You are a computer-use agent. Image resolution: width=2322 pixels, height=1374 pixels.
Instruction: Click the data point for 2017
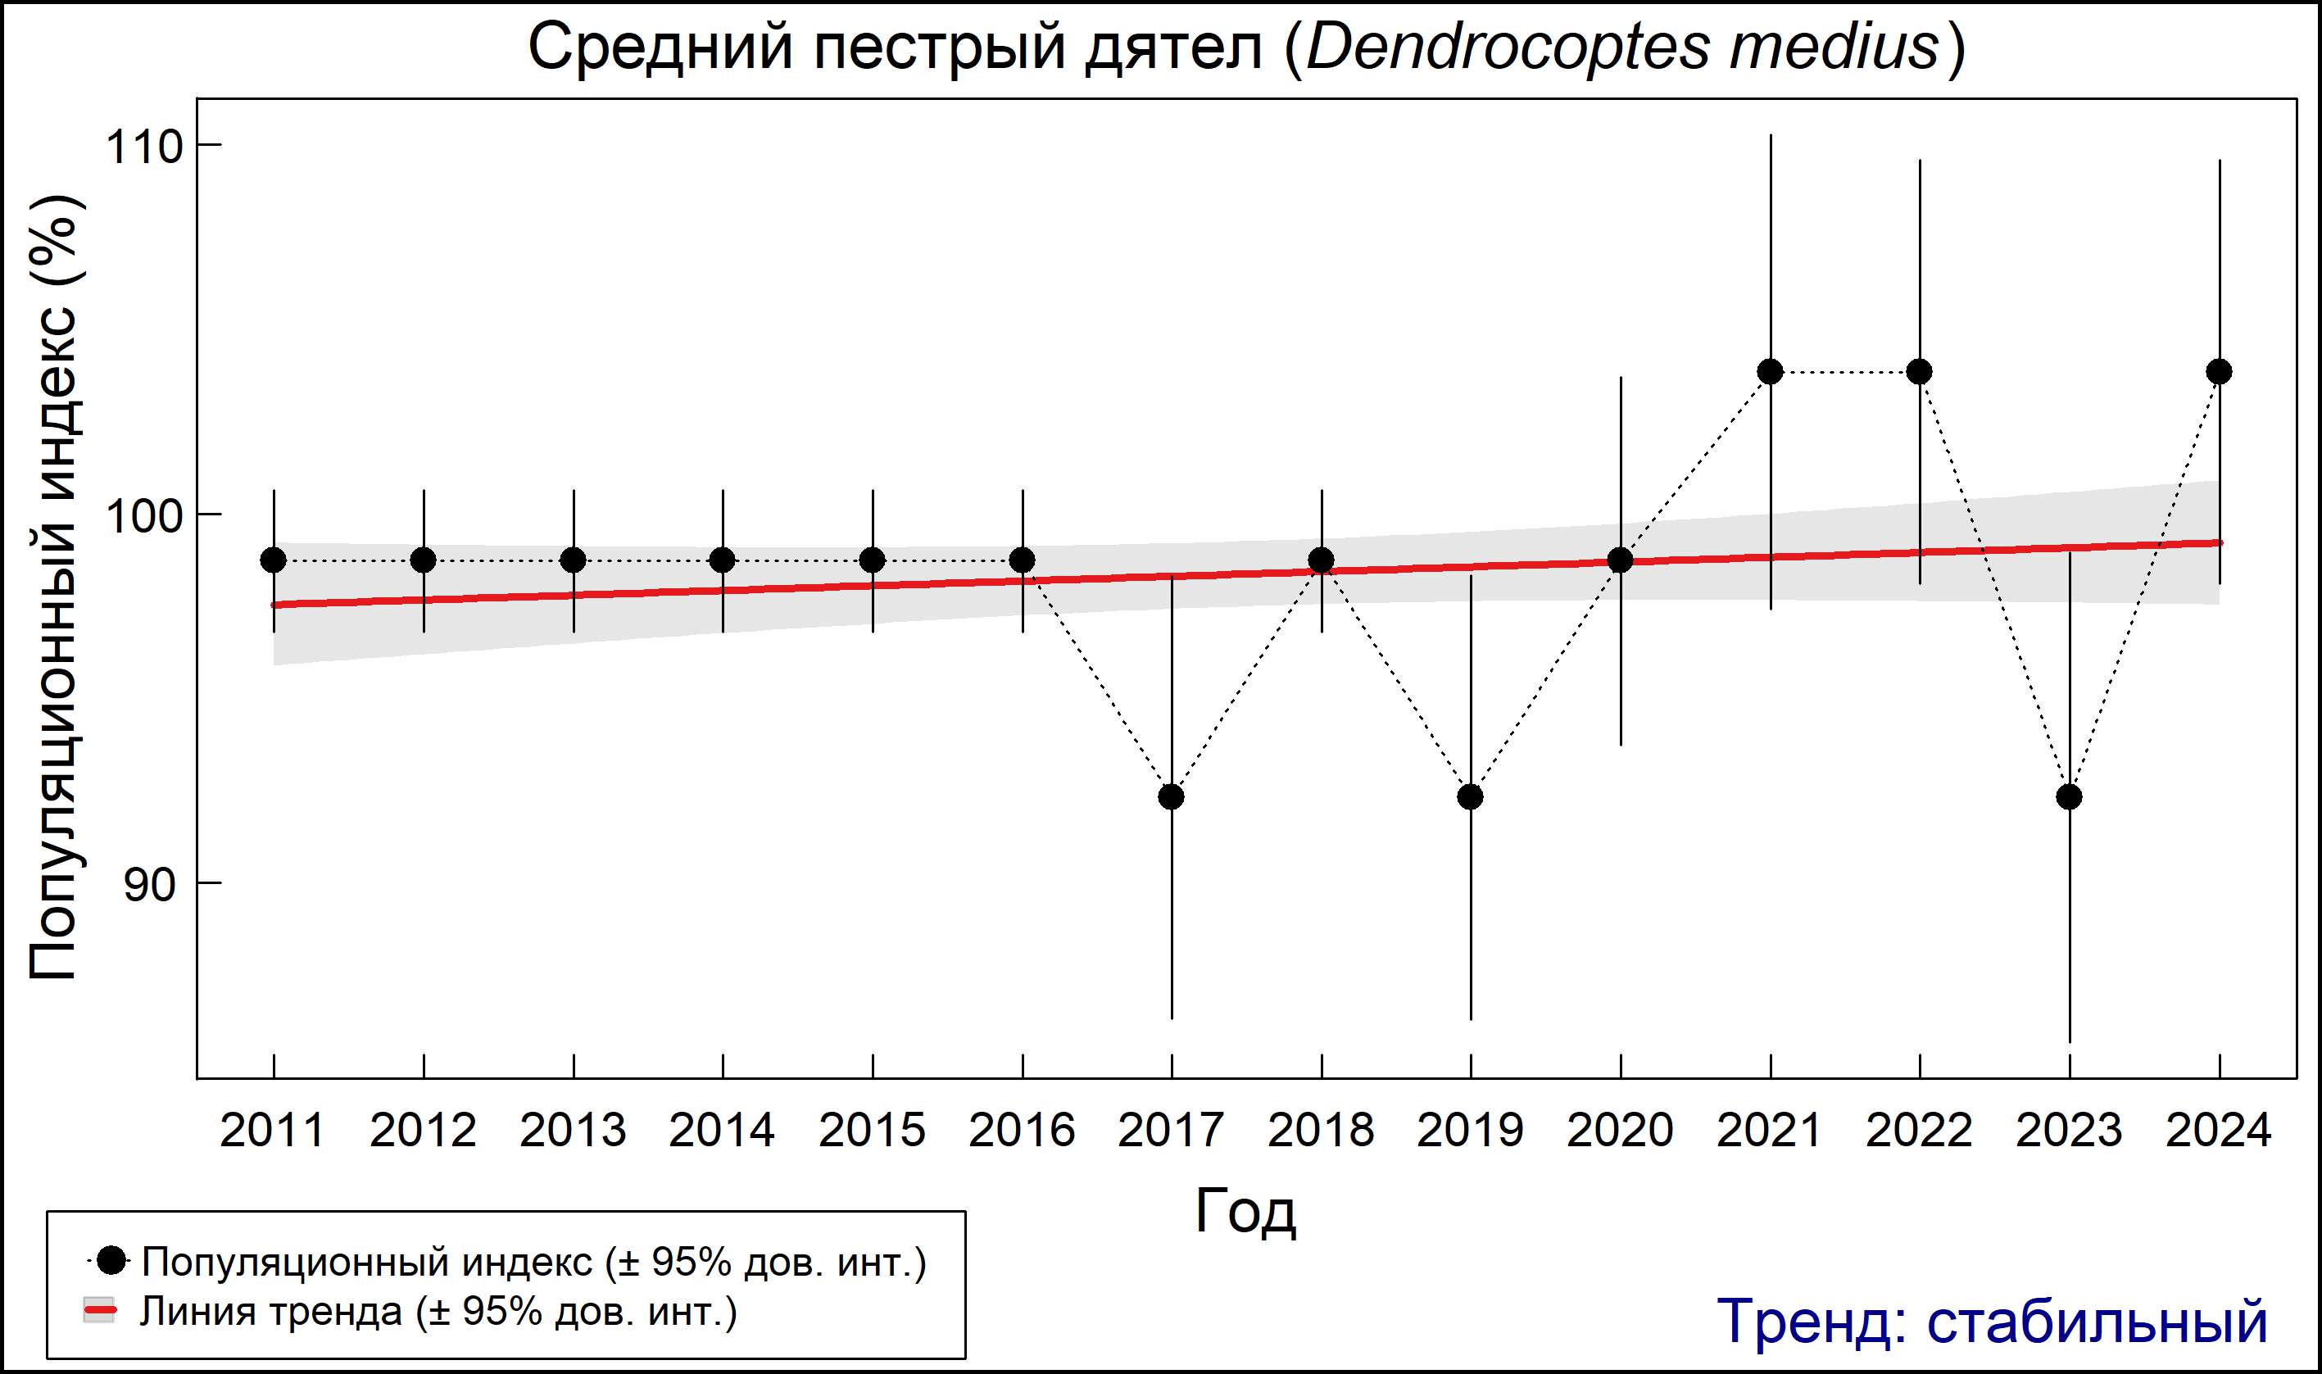[x=1171, y=796]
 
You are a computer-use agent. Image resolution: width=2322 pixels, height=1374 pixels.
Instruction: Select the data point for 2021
[x=1771, y=372]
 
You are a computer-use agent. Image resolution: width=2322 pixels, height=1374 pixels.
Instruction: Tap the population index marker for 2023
[x=2070, y=796]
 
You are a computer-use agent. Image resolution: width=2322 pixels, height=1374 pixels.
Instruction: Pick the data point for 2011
[x=273, y=560]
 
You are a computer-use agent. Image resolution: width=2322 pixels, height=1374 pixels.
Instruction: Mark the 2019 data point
[x=1470, y=796]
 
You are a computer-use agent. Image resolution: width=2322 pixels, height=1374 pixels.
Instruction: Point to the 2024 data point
[x=2220, y=372]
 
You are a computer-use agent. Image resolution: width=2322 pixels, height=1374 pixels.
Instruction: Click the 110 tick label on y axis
[x=143, y=147]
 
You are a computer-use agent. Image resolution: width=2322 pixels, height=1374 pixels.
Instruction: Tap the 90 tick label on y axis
[x=149, y=885]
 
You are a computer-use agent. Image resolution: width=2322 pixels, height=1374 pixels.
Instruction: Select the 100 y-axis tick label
[x=143, y=515]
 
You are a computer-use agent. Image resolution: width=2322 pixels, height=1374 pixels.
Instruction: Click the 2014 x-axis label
[x=722, y=1131]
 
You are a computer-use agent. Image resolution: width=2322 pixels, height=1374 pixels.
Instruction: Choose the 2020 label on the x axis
[x=1620, y=1131]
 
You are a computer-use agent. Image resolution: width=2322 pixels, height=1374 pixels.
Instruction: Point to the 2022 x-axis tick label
[x=1919, y=1131]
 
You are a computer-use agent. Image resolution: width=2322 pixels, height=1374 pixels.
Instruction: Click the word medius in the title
[x=1833, y=47]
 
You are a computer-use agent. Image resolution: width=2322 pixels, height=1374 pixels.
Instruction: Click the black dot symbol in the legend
[x=112, y=1260]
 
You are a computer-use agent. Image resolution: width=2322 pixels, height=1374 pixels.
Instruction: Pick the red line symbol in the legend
[x=100, y=1310]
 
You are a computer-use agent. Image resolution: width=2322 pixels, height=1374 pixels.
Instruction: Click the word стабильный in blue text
[x=2096, y=1322]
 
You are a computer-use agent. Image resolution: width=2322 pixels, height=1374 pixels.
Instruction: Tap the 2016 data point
[x=1023, y=560]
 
